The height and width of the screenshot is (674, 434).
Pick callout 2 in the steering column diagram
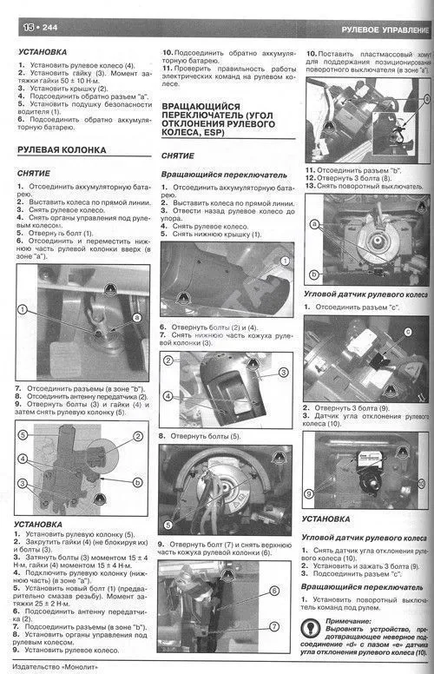point(138,434)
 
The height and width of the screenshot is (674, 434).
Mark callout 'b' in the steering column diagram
point(138,480)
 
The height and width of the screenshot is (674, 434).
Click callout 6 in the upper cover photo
point(274,591)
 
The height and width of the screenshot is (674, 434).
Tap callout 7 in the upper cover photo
point(274,626)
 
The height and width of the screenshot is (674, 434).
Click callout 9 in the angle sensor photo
point(309,492)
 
